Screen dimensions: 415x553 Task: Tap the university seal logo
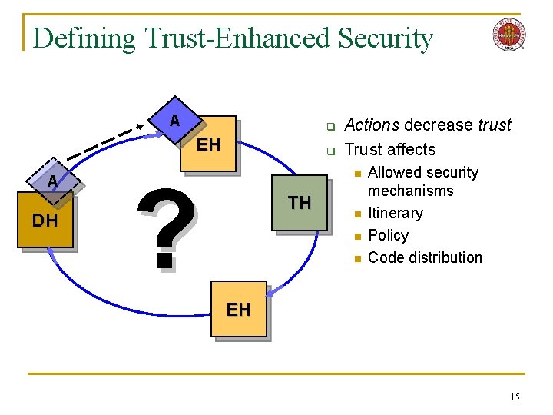click(x=508, y=34)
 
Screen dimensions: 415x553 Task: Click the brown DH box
click(x=45, y=221)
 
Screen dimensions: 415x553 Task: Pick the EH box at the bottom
click(x=238, y=309)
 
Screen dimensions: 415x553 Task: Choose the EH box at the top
click(x=208, y=144)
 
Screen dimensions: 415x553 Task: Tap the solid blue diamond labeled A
click(x=175, y=121)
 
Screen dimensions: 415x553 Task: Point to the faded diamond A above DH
click(x=51, y=181)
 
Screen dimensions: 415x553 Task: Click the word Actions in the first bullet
click(x=373, y=125)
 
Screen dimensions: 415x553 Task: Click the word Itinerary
click(x=396, y=213)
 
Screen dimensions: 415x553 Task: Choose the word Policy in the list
click(x=389, y=235)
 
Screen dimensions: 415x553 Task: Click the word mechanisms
click(x=411, y=191)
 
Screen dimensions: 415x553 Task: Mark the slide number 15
click(x=515, y=397)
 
